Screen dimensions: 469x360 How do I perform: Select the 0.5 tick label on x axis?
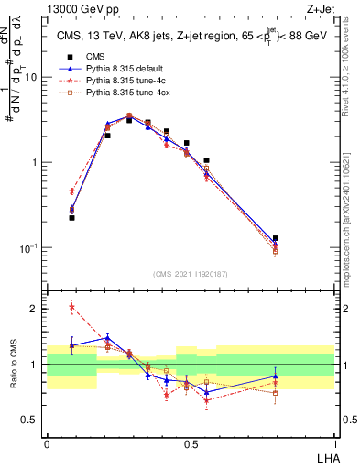click(x=191, y=442)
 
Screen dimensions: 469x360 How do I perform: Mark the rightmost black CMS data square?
click(x=276, y=238)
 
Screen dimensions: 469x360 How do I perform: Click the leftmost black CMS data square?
click(x=71, y=218)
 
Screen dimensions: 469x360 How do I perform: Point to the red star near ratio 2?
click(x=71, y=307)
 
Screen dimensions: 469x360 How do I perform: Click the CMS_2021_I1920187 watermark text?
click(x=191, y=272)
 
